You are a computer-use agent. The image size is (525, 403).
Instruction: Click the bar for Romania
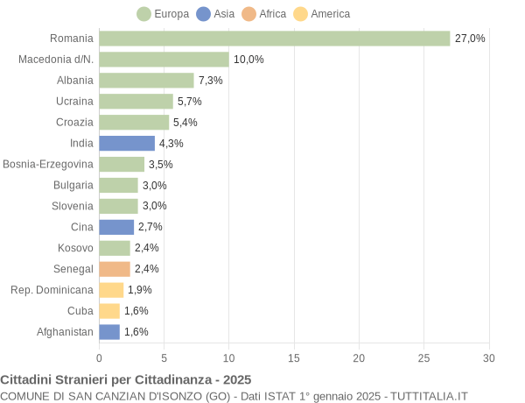pos(274,39)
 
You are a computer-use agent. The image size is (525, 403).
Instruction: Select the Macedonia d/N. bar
pos(164,60)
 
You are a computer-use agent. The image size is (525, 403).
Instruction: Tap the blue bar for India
pos(127,144)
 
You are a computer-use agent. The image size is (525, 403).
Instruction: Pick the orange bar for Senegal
pos(115,269)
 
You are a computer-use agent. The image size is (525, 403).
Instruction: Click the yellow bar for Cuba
pos(109,311)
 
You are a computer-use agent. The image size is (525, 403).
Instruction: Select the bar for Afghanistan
pos(109,332)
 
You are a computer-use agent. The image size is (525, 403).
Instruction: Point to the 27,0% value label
pos(470,39)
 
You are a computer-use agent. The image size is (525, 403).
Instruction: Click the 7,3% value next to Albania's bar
pos(211,81)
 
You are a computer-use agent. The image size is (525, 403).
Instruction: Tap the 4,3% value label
pos(171,144)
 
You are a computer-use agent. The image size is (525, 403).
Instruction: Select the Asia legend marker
pos(204,14)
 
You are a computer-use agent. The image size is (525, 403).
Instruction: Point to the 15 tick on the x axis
pos(294,358)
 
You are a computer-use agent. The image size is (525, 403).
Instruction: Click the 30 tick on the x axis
pos(488,358)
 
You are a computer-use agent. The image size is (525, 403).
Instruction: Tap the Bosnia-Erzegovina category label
pos(48,165)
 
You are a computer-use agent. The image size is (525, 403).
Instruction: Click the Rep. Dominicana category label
pos(52,290)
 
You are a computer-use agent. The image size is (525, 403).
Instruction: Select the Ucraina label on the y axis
pos(74,102)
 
